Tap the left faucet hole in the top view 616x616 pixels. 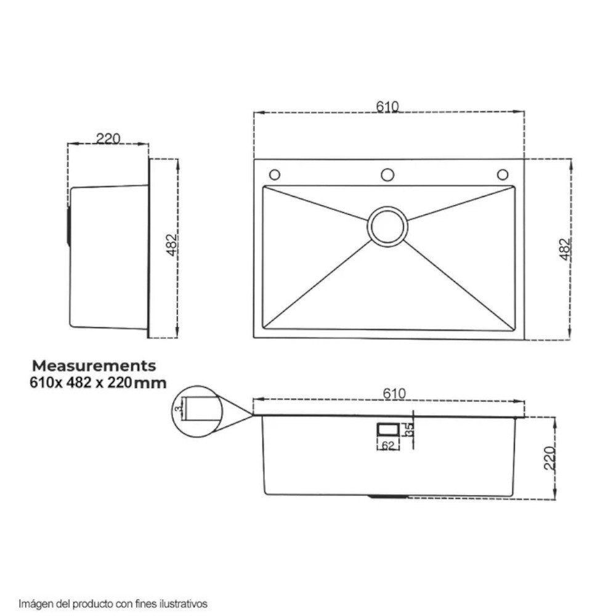(274, 174)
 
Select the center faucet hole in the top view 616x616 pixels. (387, 174)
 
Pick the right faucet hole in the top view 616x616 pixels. (503, 174)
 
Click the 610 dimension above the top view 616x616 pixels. (387, 107)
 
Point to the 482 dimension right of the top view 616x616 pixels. (565, 249)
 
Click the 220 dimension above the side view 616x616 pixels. (107, 139)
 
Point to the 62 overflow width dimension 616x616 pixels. (387, 447)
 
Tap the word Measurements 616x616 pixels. (94, 367)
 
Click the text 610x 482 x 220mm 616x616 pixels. (98, 383)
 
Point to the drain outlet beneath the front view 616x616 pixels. (387, 495)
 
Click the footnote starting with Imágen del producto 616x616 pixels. (113, 603)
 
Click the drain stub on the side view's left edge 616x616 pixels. (68, 227)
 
